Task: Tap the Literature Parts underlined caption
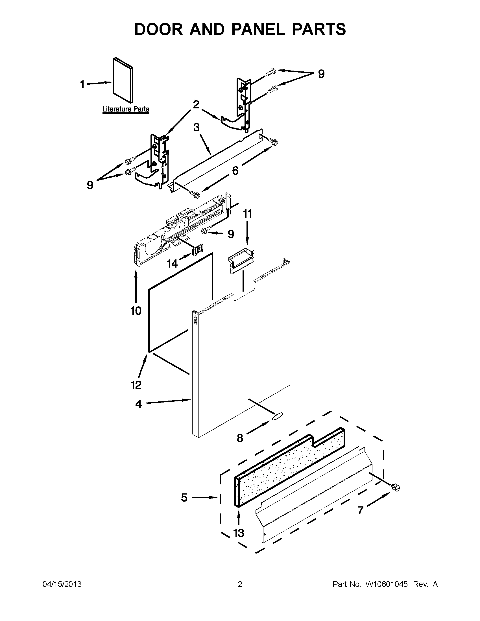(125, 109)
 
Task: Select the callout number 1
(82, 84)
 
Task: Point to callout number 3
(196, 127)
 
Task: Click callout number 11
(247, 214)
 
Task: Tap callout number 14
(172, 264)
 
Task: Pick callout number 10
(136, 311)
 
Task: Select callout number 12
(136, 385)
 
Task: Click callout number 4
(138, 404)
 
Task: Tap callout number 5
(184, 497)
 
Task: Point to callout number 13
(239, 533)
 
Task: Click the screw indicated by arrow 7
(395, 487)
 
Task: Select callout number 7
(360, 511)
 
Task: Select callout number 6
(235, 170)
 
